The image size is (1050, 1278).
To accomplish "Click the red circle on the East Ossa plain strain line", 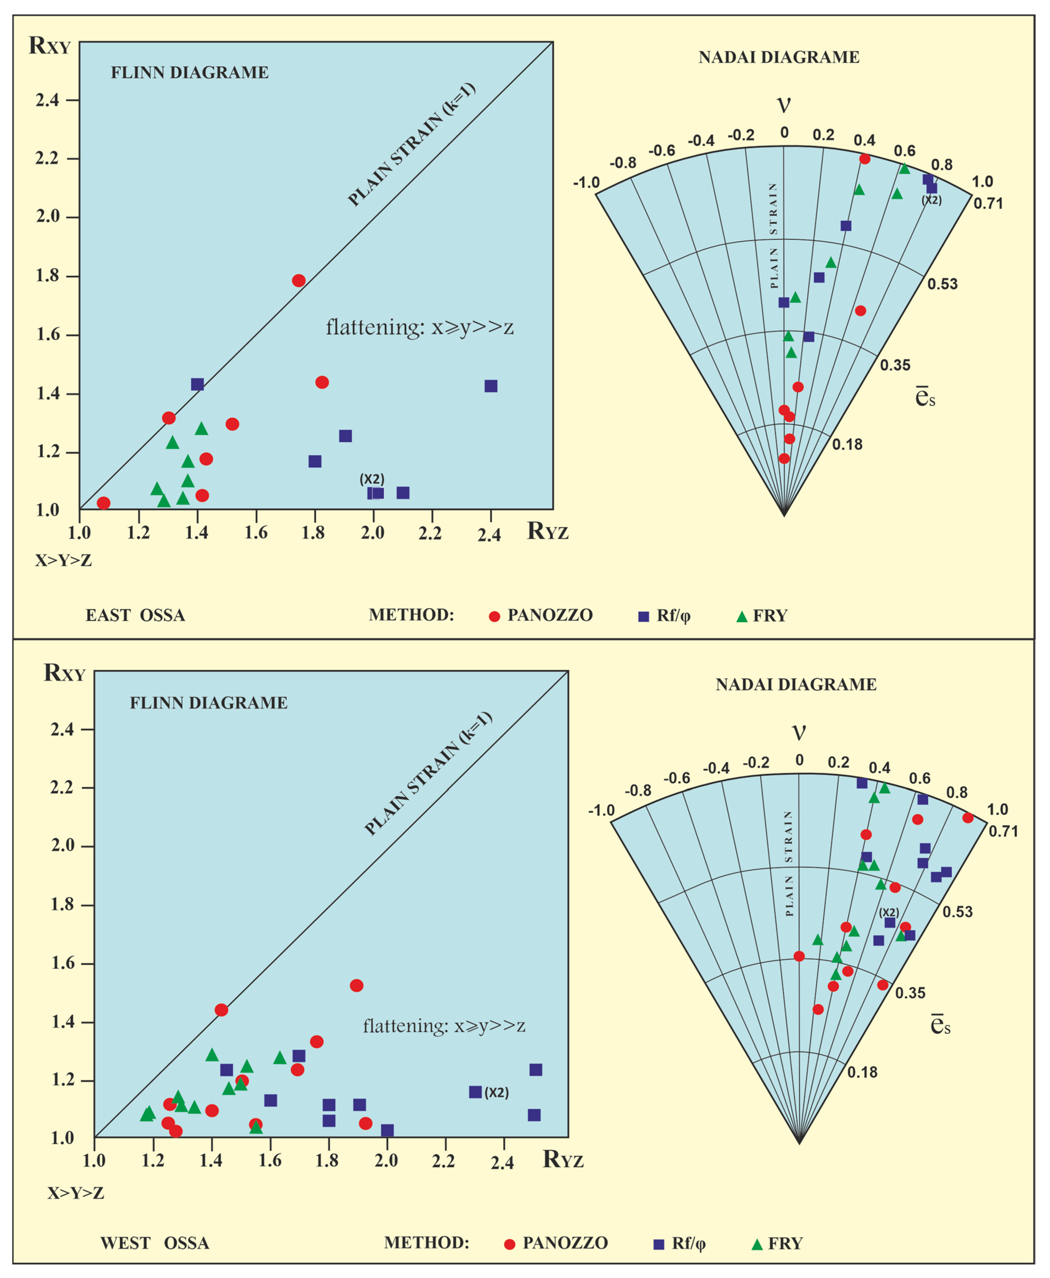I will click(298, 280).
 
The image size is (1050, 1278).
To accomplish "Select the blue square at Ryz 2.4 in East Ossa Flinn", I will click(491, 386).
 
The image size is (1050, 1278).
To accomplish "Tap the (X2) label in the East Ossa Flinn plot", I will click(372, 479).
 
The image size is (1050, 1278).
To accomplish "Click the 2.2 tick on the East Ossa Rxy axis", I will click(48, 158).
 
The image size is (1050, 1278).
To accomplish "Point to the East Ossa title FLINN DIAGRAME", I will click(189, 73).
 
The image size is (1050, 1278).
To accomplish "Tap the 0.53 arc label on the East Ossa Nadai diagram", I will click(942, 284).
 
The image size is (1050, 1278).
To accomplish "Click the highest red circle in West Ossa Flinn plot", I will click(356, 985).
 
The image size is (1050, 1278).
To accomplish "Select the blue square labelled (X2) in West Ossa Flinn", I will click(476, 1092).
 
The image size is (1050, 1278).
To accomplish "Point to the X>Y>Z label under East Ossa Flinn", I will click(63, 560).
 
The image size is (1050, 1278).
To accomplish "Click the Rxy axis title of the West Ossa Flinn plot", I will click(64, 673).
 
